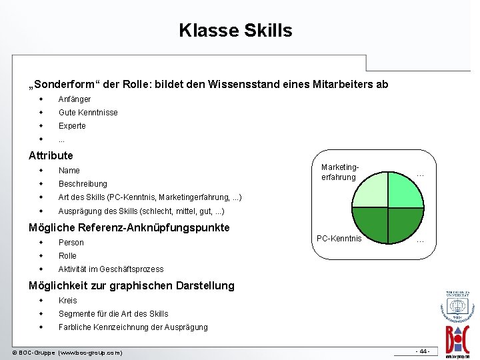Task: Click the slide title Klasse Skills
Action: pos(235,31)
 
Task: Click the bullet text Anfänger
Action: pos(75,99)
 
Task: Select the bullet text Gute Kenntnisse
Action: pos(88,113)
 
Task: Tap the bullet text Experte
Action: pos(72,126)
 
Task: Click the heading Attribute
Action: pos(51,155)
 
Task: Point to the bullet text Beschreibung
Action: pos(83,184)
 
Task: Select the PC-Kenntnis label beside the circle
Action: pos(339,239)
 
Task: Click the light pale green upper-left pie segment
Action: pos(371,191)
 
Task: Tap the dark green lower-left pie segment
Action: pos(371,224)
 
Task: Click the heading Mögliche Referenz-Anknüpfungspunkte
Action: pos(129,227)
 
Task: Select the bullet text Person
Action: pos(71,243)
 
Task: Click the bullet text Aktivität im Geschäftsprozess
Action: pos(111,269)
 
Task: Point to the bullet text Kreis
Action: pos(68,301)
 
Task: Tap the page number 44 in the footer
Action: pos(423,351)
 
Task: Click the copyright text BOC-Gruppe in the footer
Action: pos(67,352)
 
